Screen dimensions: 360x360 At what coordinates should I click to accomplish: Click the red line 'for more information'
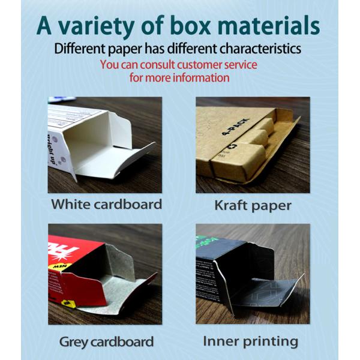[179, 77]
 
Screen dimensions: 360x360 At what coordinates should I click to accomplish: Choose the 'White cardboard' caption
[106, 204]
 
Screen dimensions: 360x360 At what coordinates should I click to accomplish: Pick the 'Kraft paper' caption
[253, 206]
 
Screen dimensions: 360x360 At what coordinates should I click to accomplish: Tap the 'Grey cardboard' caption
[106, 342]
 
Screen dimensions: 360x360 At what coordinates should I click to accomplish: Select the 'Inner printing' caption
[250, 341]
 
